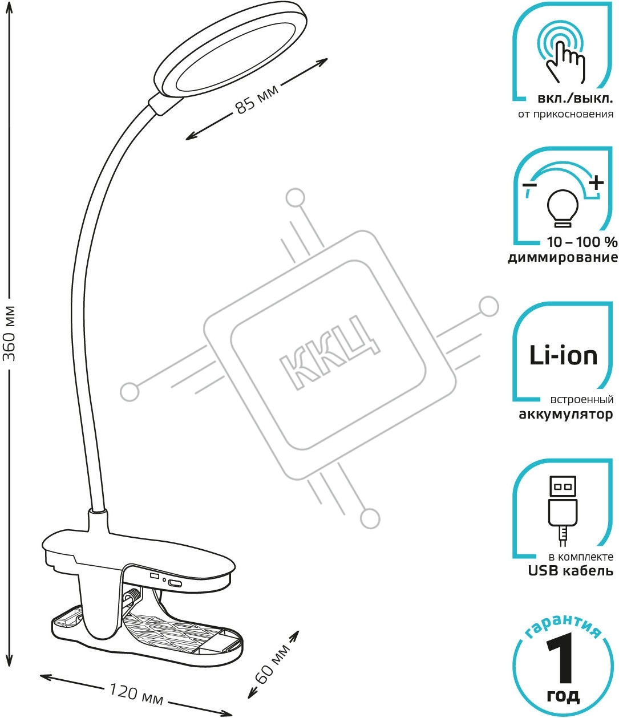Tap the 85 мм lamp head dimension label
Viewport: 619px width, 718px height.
coord(257,99)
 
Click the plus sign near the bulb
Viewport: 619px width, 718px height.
coord(596,183)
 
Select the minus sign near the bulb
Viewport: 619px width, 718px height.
coord(529,186)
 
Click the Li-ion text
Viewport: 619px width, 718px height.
coord(563,355)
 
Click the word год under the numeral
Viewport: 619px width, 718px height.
coord(563,696)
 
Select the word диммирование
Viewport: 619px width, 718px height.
coord(563,258)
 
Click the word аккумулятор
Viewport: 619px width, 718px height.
coord(565,415)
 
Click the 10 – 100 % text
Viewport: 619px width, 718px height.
coord(581,242)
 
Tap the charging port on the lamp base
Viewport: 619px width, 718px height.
coord(175,583)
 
